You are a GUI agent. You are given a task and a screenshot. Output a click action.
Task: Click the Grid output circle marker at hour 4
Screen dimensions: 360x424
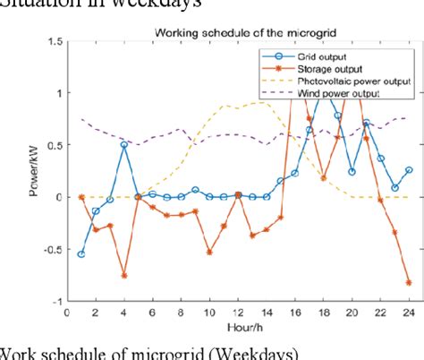[x=124, y=144]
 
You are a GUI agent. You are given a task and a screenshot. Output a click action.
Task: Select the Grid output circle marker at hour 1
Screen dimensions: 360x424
[x=81, y=253]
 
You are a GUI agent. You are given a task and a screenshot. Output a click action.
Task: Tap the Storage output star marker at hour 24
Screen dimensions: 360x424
[x=409, y=282]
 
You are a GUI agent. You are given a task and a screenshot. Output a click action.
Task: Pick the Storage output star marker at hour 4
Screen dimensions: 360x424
[x=124, y=276]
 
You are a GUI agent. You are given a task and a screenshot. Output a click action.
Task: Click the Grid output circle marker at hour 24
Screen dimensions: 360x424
[x=409, y=170]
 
